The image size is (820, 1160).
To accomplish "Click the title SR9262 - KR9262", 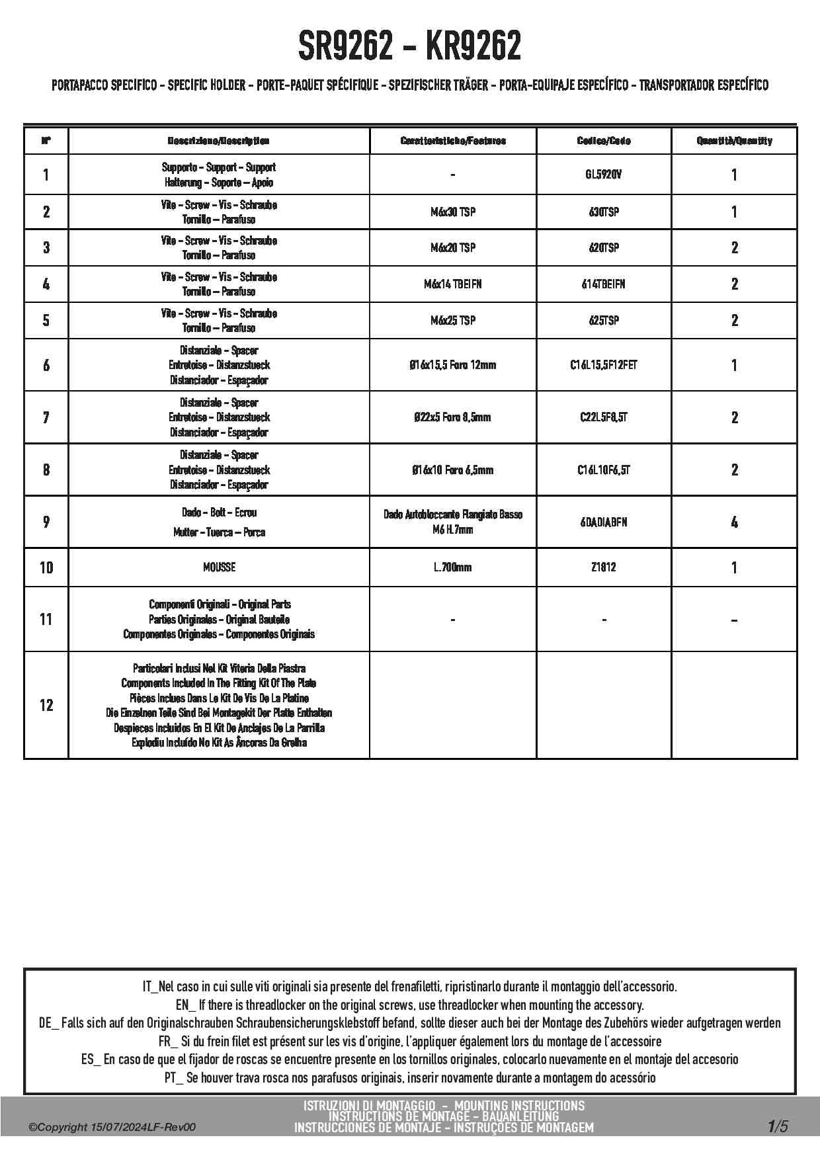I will coord(409,46).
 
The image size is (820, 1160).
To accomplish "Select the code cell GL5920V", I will coord(604,175).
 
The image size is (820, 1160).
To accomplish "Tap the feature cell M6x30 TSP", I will coord(453,212).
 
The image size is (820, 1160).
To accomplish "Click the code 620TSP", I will coord(604,247).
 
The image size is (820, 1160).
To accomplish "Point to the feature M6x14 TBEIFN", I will coord(453,284).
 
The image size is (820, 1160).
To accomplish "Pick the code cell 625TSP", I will coord(604,320).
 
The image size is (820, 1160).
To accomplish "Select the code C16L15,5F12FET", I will coord(604,364).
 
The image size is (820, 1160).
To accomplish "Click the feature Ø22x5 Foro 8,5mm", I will coord(453,417).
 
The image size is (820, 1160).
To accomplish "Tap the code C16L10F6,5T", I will coord(604,470).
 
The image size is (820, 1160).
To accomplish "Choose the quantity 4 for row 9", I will coord(734,522).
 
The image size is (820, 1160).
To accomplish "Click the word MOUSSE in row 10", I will coord(219,567).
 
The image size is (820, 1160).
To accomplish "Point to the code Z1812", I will coord(604,567).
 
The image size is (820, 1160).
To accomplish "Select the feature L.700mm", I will coord(453,567).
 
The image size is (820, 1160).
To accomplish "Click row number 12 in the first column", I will coord(46,705).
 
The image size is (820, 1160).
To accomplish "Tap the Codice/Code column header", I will coord(604,141).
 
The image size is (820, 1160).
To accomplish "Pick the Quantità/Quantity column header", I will coord(734,141).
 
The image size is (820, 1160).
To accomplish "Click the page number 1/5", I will coord(778,1126).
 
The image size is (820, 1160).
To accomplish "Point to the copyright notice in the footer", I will coord(112,1128).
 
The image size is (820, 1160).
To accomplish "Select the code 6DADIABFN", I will coord(604,522).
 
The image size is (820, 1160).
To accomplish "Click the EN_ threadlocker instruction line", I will coord(409,1005).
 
